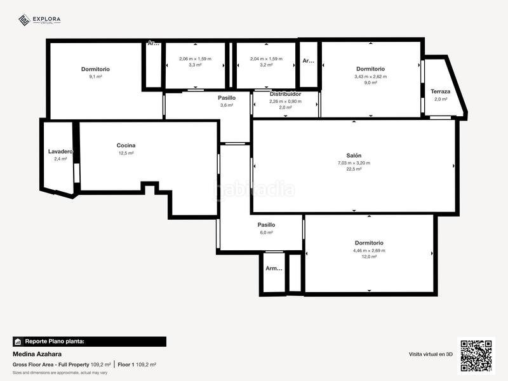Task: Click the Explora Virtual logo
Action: pyautogui.click(x=39, y=20)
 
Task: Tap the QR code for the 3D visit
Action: pyautogui.click(x=476, y=355)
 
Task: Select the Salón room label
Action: pyautogui.click(x=354, y=156)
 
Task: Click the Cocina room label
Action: pyautogui.click(x=126, y=145)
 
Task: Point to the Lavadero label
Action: pyautogui.click(x=60, y=152)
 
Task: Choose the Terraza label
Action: pyautogui.click(x=440, y=91)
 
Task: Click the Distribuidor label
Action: pyautogui.click(x=285, y=94)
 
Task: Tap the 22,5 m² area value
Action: pyautogui.click(x=354, y=170)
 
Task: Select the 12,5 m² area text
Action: pyautogui.click(x=126, y=153)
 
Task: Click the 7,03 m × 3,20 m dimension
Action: pyautogui.click(x=354, y=163)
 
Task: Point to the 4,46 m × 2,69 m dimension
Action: pyautogui.click(x=369, y=250)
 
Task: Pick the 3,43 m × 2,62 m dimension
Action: pyautogui.click(x=370, y=76)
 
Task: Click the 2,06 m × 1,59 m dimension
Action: pyautogui.click(x=195, y=58)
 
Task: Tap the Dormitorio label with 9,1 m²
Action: pyautogui.click(x=95, y=69)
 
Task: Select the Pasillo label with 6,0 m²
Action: pyautogui.click(x=266, y=225)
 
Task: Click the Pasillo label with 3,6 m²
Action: pyautogui.click(x=227, y=98)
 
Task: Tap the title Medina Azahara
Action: pyautogui.click(x=37, y=354)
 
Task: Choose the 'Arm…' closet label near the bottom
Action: pyautogui.click(x=274, y=268)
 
